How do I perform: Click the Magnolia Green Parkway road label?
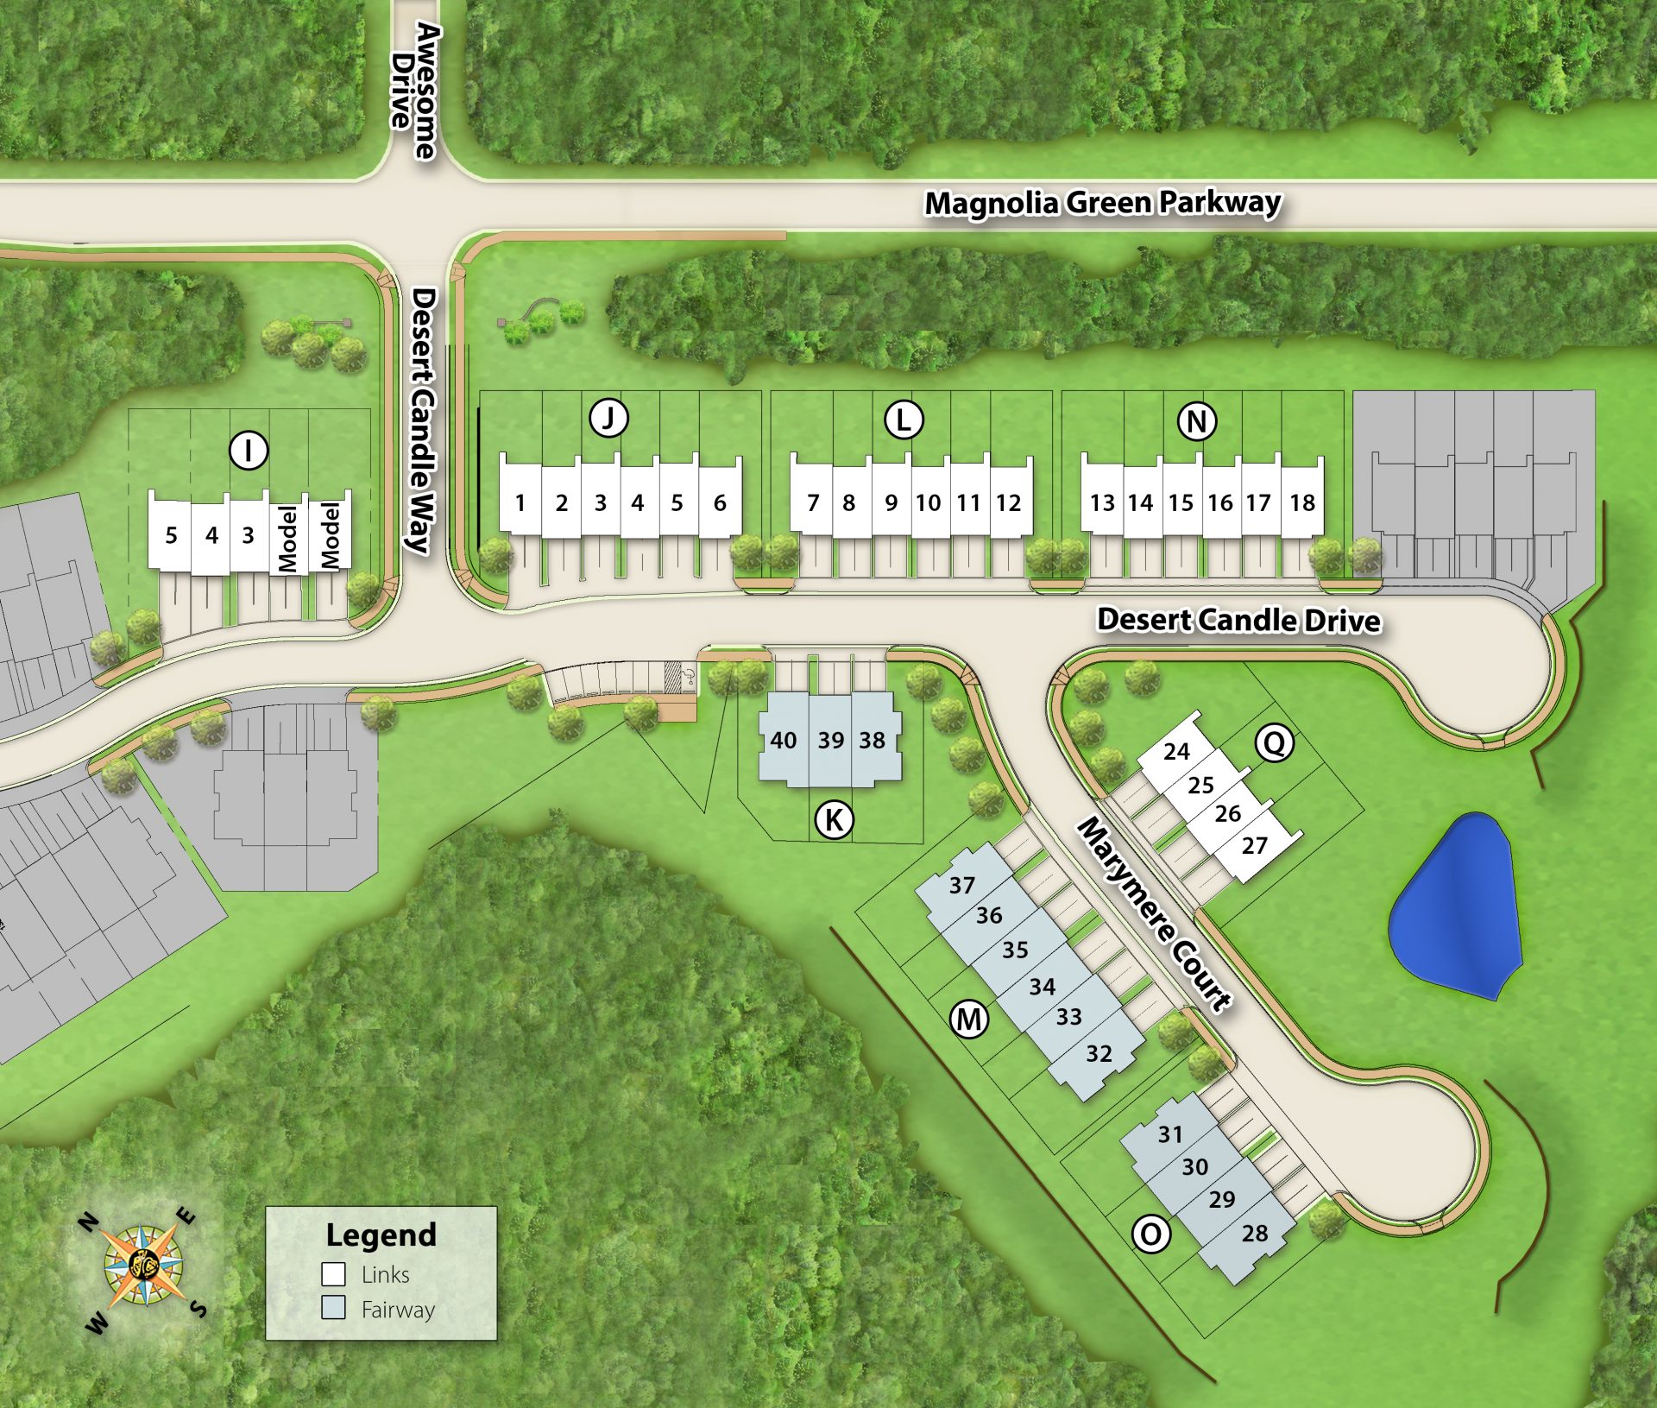point(1102,203)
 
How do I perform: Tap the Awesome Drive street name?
point(415,90)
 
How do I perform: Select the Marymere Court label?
point(1154,916)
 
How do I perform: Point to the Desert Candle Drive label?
point(1238,620)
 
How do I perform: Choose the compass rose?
point(144,1268)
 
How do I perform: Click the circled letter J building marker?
point(608,419)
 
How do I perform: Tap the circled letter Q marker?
point(1274,742)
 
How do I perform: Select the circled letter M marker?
point(969,1020)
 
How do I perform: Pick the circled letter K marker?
point(834,819)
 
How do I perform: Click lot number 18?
point(1301,502)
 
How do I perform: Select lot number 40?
point(783,740)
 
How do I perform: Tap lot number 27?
point(1255,845)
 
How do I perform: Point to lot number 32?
point(1099,1053)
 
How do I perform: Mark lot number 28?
point(1255,1233)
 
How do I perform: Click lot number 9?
point(891,502)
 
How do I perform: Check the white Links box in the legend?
point(334,1274)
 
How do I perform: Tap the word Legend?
point(381,1234)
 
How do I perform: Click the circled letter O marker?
point(1151,1234)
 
